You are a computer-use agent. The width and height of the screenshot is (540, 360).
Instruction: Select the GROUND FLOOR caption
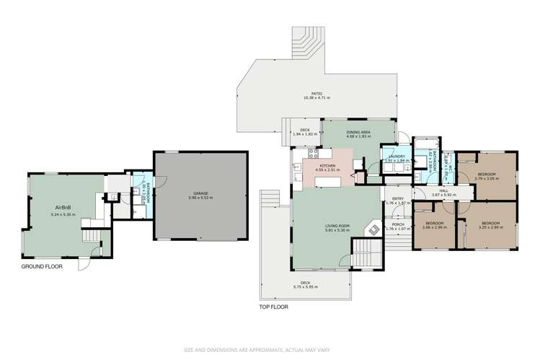click(x=42, y=266)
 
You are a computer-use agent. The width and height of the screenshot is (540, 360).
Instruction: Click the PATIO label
click(x=317, y=93)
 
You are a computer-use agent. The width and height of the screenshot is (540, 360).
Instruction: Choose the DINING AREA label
click(x=358, y=132)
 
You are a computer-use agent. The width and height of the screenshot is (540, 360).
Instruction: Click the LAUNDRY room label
click(x=396, y=157)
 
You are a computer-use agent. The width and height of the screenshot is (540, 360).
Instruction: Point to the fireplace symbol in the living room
click(x=373, y=230)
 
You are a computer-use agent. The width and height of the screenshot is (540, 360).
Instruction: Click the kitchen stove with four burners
click(x=312, y=154)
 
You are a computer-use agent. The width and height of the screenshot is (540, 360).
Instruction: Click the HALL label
click(x=445, y=191)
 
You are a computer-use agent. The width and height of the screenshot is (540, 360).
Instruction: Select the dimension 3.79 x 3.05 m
click(x=487, y=178)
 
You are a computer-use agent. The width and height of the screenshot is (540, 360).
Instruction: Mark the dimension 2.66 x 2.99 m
click(x=435, y=228)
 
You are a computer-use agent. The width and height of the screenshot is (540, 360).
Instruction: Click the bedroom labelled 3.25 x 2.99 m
click(x=490, y=226)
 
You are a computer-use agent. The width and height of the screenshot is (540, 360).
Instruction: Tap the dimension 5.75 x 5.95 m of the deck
click(x=305, y=287)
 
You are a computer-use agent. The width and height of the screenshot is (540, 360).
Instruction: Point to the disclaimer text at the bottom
click(x=270, y=350)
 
